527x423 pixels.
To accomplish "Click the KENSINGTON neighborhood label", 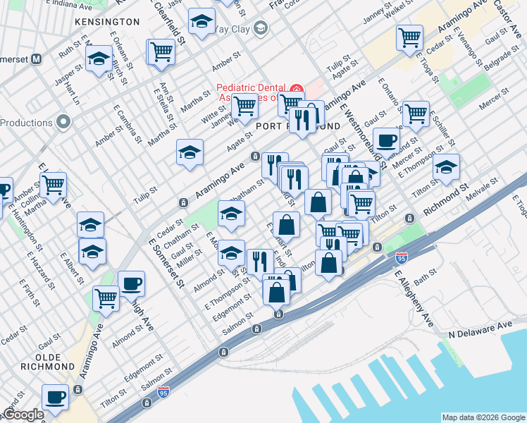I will pos(106,23).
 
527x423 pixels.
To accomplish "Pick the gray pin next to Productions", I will pos(64,123).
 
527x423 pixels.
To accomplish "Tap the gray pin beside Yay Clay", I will pos(261,28).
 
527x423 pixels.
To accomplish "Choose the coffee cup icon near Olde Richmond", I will pos(55,396).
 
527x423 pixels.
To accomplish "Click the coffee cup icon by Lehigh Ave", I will pos(131,283).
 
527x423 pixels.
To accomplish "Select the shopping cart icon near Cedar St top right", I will pos(409,37).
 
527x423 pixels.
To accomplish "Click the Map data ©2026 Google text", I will pos(483,417).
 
